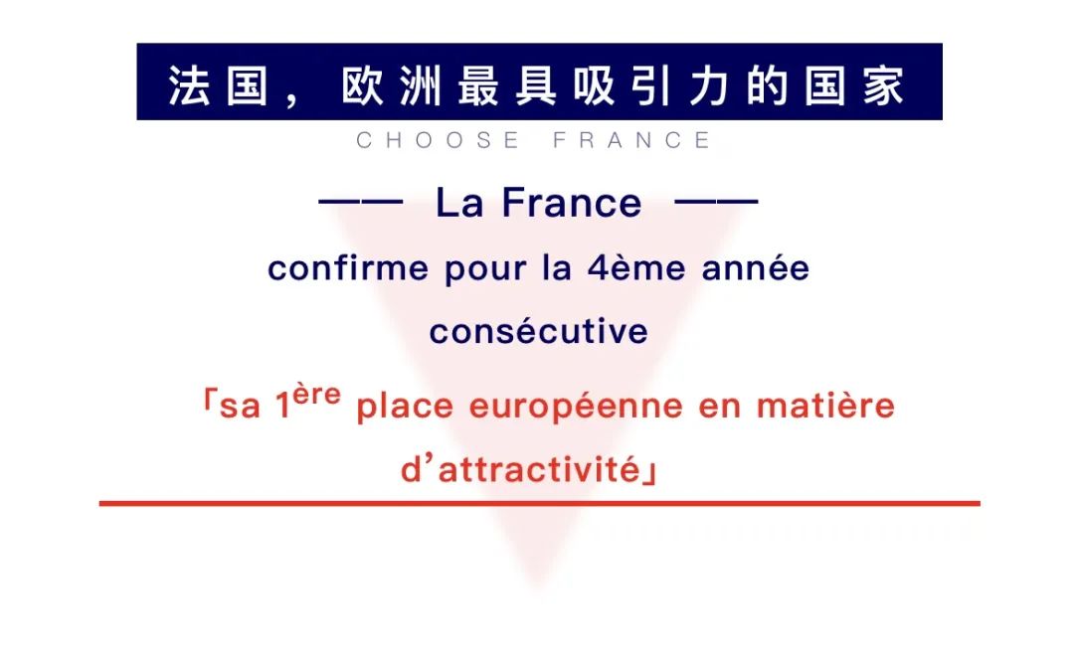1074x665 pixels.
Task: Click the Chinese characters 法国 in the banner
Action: point(219,85)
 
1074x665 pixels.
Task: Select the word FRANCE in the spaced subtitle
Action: point(632,140)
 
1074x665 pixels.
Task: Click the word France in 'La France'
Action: point(572,204)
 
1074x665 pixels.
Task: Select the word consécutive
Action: point(538,331)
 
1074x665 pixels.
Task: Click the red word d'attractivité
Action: point(521,469)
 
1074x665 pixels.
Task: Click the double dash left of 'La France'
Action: point(360,203)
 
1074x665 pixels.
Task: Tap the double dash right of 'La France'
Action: point(716,203)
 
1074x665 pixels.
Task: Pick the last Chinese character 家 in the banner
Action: point(884,85)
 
